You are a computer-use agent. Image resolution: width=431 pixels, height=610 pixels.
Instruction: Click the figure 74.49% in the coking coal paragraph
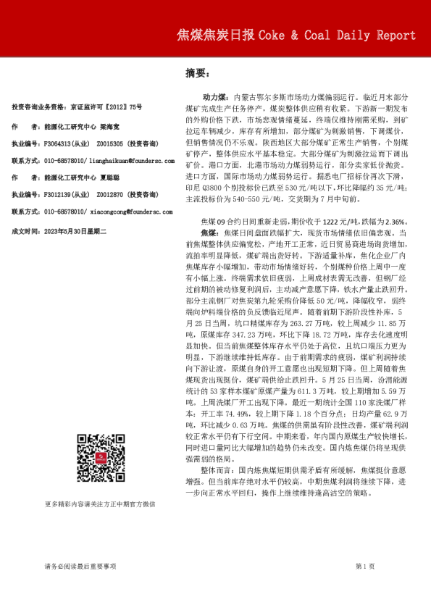227,413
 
